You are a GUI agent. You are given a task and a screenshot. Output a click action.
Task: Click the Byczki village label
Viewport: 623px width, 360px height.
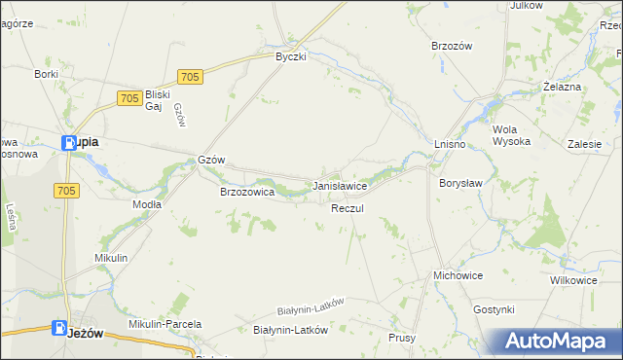(x=291, y=57)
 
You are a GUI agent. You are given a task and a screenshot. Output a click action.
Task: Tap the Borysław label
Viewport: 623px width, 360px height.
(x=459, y=182)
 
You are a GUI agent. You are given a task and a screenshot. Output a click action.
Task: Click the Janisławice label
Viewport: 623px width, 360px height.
(x=339, y=185)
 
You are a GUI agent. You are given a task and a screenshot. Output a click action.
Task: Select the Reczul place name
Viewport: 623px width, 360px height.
(x=347, y=209)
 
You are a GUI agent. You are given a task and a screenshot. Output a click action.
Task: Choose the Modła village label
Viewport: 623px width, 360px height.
(x=146, y=205)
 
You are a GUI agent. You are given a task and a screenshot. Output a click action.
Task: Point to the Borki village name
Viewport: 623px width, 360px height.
(x=47, y=73)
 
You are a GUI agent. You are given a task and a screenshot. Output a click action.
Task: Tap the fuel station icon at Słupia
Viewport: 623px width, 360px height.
(x=68, y=143)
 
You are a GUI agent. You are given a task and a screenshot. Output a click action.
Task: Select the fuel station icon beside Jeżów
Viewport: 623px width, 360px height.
(x=60, y=329)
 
